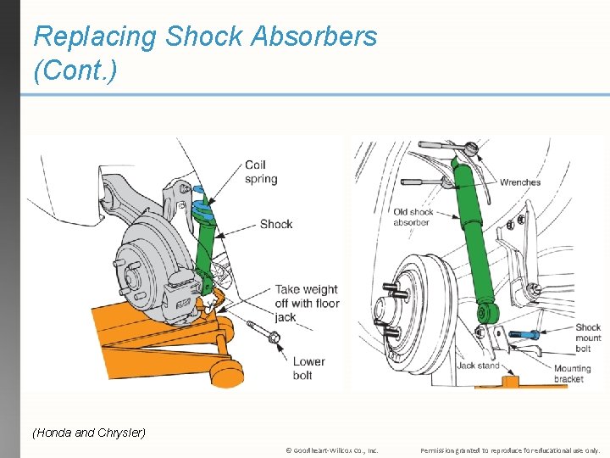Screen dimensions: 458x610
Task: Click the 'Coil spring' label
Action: click(x=260, y=172)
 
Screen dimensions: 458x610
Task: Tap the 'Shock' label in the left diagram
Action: click(x=276, y=224)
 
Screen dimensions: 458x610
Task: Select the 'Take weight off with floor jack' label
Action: click(x=306, y=303)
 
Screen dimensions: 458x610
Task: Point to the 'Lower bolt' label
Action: click(x=308, y=368)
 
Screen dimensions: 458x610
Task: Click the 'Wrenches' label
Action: click(x=520, y=182)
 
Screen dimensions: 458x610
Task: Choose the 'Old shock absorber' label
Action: click(x=413, y=217)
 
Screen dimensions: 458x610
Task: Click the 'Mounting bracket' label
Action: click(x=572, y=374)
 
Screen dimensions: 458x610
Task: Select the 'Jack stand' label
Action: click(x=479, y=366)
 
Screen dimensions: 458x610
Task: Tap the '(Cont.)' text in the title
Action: click(x=75, y=70)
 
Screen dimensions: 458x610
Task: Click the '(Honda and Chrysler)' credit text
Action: click(x=89, y=433)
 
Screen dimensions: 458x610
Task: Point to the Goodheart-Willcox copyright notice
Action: click(x=331, y=450)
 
